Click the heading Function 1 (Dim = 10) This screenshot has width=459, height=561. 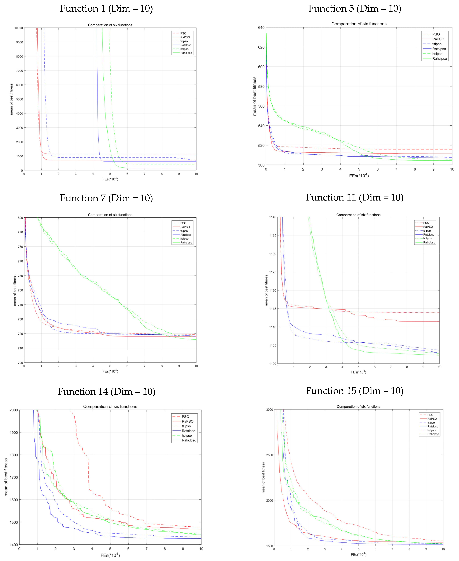click(x=106, y=9)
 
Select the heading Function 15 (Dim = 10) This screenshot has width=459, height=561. click(x=355, y=391)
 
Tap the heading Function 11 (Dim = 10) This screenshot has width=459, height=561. click(x=355, y=197)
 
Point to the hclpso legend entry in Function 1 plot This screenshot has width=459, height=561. click(x=184, y=49)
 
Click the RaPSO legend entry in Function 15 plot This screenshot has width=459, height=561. click(x=432, y=419)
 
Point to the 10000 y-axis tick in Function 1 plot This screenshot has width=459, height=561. click(x=18, y=28)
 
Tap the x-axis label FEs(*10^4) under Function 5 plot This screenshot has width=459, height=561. click(x=359, y=176)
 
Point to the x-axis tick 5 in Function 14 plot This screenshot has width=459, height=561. click(x=110, y=549)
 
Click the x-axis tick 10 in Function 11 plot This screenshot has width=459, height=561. click(x=439, y=367)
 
